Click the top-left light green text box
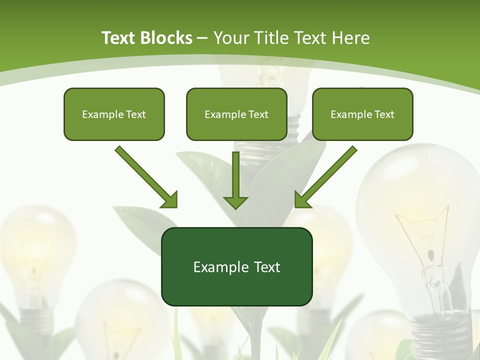click(x=114, y=114)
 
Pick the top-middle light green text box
click(x=236, y=114)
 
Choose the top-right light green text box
click(x=362, y=114)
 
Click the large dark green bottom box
click(x=236, y=266)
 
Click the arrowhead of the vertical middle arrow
click(x=235, y=202)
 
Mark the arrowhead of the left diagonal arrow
click(x=169, y=200)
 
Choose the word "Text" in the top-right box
click(x=384, y=114)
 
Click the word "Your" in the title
click(x=230, y=38)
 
